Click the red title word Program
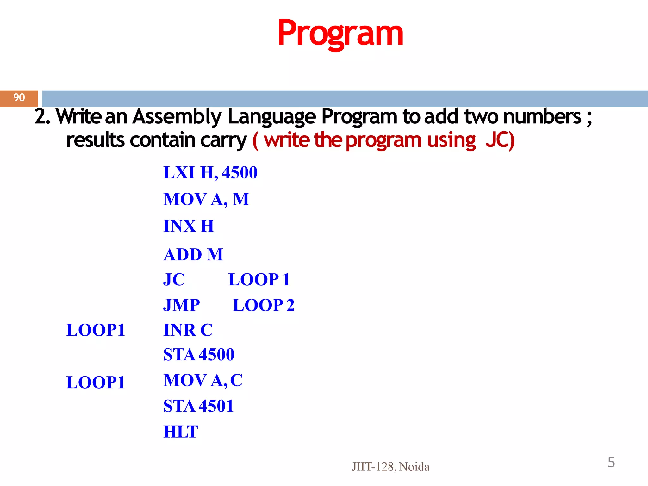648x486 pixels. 340,33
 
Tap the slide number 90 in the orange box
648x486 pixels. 19,98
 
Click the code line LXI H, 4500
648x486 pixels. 210,173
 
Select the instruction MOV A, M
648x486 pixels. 206,199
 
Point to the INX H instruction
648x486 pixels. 189,226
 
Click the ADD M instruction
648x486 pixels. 193,254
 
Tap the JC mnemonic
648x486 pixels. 174,280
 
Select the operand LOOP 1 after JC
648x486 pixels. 259,280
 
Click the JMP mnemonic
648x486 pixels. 182,305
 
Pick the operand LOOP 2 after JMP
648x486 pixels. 264,305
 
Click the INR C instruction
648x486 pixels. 188,330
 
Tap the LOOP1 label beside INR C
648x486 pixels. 96,330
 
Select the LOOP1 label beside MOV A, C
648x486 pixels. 96,382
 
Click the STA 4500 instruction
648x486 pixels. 199,354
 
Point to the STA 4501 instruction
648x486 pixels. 198,406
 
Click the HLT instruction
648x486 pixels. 181,432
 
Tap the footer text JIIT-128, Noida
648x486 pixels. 390,467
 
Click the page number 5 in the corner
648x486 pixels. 611,462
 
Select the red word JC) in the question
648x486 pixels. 500,140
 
